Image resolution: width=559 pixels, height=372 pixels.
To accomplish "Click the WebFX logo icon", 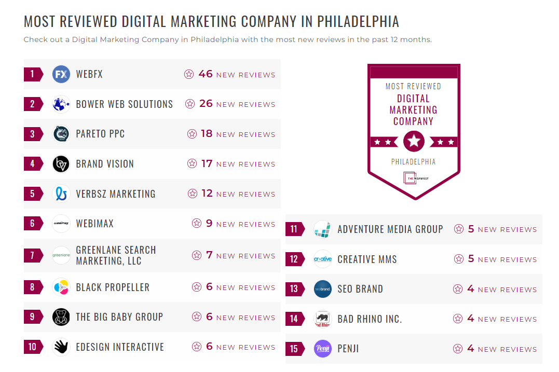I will click(61, 74).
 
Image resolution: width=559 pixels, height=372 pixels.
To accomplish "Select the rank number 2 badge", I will click(33, 104).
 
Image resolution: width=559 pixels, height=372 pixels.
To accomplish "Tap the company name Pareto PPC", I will click(100, 134).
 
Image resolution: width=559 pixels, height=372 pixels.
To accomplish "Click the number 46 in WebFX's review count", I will click(206, 74).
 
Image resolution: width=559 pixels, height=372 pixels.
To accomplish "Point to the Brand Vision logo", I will click(61, 164).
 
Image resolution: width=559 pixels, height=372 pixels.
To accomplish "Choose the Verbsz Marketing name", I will click(116, 194).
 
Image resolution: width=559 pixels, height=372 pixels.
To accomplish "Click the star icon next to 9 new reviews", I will click(197, 224).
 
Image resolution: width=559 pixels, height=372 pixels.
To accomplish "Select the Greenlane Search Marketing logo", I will click(61, 255).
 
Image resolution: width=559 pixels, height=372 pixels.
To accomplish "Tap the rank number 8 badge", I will click(33, 287).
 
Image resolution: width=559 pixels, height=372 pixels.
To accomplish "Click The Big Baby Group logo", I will click(61, 317).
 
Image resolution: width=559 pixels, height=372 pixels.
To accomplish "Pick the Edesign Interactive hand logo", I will click(61, 347).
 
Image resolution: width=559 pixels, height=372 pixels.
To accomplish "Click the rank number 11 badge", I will click(294, 229).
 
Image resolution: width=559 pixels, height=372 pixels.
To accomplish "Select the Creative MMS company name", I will click(367, 259).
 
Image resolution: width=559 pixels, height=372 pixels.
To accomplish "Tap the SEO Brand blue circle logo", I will click(323, 289).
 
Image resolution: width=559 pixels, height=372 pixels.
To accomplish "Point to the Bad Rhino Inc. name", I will click(370, 319).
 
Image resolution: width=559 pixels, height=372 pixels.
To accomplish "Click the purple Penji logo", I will click(323, 349).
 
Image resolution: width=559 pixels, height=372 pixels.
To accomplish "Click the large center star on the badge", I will click(414, 141).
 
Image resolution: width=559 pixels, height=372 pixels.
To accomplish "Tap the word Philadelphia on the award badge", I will click(414, 162).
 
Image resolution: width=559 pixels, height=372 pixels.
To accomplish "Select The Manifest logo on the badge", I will click(414, 178).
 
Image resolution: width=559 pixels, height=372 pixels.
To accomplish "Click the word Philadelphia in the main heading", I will click(358, 22).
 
